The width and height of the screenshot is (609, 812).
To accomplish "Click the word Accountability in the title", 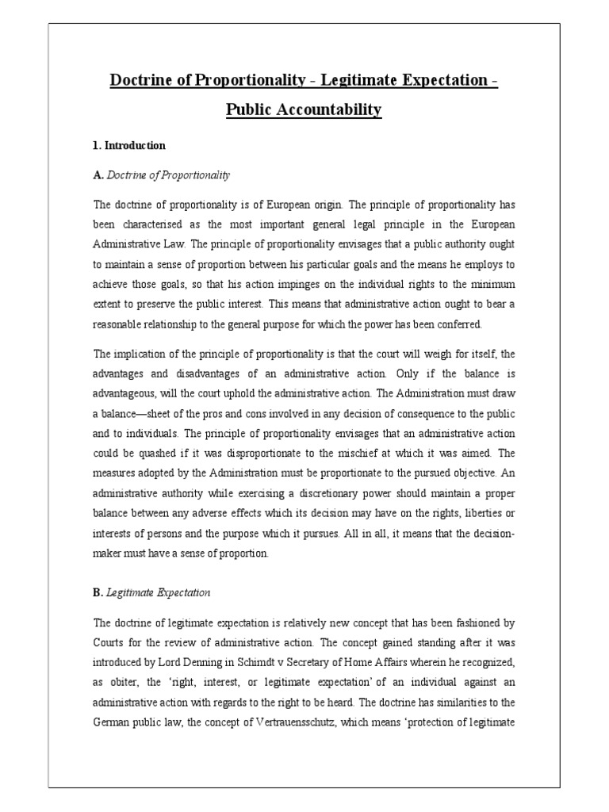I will [327, 109].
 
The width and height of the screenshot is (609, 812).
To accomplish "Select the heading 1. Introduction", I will [129, 145].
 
